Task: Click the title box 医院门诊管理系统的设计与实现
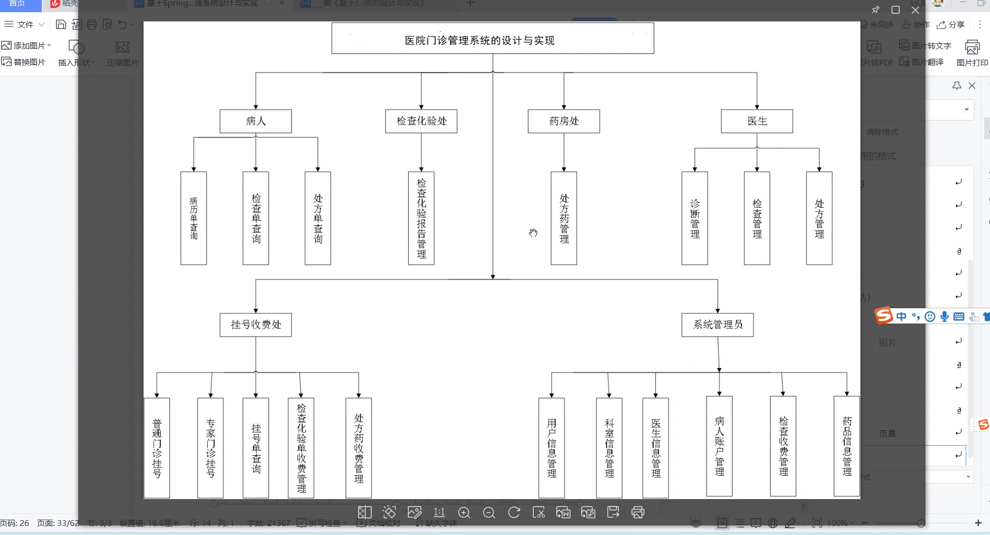[x=492, y=38]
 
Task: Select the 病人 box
[x=255, y=121]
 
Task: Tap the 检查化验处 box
[x=421, y=121]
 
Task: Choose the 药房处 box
[x=564, y=121]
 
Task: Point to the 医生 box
[x=757, y=121]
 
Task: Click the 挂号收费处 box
[x=255, y=325]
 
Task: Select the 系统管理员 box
[x=717, y=325]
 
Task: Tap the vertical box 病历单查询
[x=194, y=218]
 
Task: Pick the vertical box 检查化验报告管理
[x=421, y=218]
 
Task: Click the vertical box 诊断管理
[x=694, y=218]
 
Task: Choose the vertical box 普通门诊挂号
[x=157, y=448]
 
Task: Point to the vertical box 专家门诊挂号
[x=210, y=448]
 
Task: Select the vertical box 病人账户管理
[x=719, y=446]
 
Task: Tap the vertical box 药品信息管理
[x=847, y=446]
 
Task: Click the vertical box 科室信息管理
[x=609, y=448]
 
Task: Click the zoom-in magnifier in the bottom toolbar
[x=464, y=512]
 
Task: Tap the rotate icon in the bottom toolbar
[x=514, y=512]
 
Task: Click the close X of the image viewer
[x=915, y=10]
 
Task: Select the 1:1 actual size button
[x=439, y=512]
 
